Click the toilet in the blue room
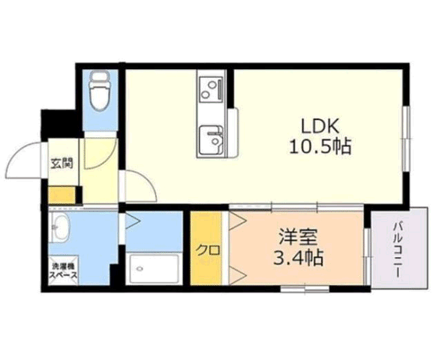99,91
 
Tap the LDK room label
320,127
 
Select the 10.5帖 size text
320,146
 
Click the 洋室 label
298,237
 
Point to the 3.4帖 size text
298,257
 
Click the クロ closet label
208,250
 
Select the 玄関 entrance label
62,163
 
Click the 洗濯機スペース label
63,271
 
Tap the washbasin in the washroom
59,227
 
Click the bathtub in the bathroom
152,268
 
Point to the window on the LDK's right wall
406,139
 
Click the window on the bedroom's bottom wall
305,289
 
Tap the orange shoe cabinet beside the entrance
62,195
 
